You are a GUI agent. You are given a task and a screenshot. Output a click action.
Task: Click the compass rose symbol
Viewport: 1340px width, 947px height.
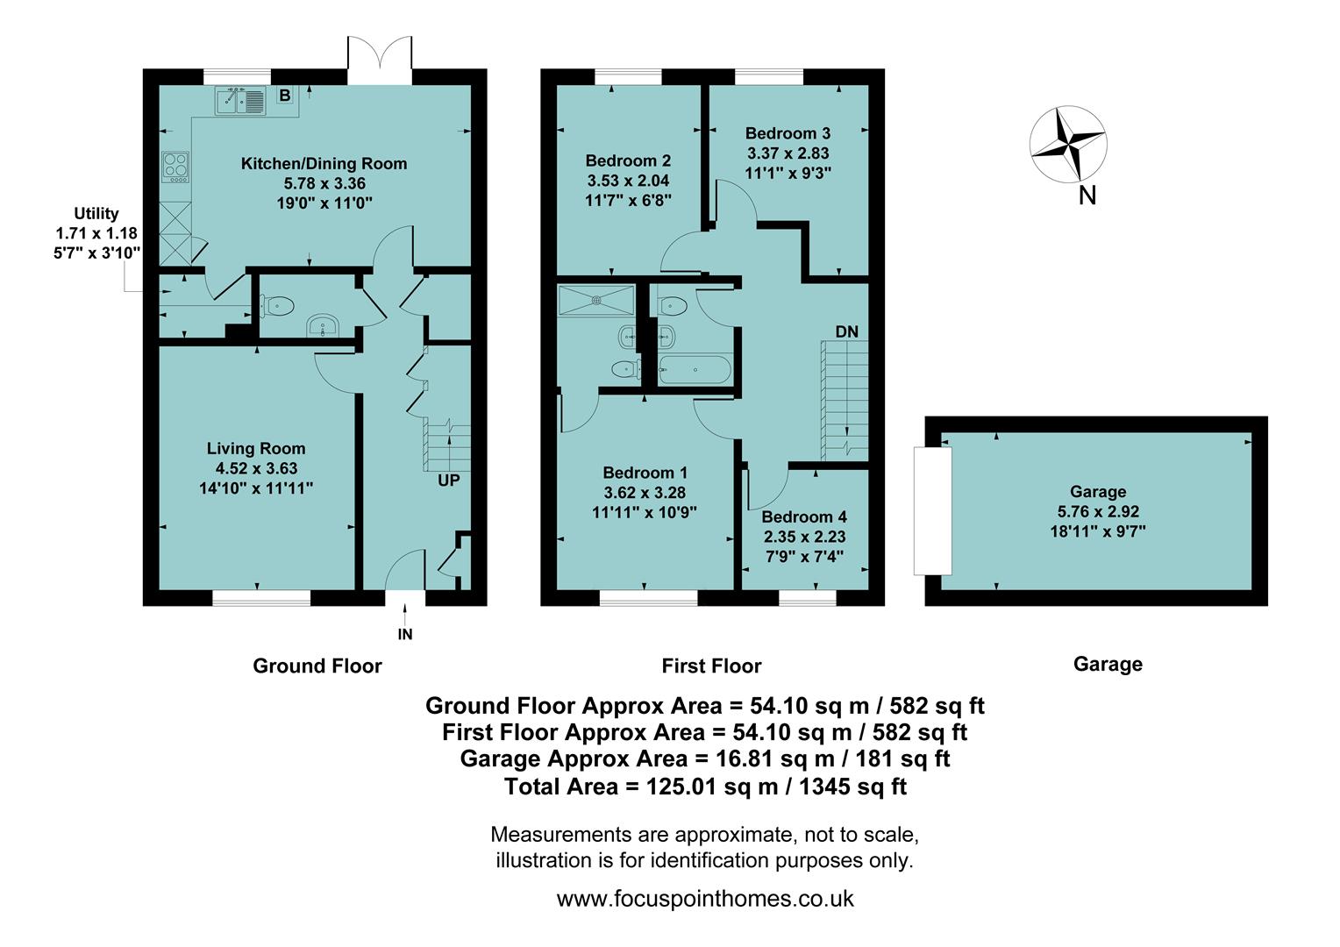1067,144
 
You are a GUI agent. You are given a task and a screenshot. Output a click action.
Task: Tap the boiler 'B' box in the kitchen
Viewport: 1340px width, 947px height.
284,95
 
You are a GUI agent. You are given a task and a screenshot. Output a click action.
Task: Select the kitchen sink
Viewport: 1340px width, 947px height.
239,102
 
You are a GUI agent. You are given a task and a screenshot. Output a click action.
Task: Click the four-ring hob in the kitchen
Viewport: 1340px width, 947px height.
175,167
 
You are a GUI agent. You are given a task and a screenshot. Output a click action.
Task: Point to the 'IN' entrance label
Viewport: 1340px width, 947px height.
404,634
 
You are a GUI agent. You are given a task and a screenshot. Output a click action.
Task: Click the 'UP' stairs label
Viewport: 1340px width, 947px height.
448,481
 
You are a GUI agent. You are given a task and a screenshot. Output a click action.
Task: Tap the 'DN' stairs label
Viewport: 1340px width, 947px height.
846,331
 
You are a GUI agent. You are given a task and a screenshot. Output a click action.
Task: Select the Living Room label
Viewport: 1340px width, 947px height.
256,448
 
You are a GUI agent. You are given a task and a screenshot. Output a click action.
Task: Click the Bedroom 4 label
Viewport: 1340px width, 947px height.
804,517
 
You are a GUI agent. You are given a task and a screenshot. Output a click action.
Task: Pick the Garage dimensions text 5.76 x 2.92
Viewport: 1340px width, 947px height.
1098,511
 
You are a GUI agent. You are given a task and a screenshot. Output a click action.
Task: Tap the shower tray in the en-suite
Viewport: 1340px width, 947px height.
596,299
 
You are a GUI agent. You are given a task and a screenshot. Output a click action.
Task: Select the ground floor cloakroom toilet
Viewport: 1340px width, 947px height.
276,306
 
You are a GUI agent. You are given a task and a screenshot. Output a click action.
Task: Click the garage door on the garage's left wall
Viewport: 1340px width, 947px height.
932,509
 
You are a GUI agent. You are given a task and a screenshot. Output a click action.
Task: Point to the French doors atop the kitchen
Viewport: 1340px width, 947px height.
379,60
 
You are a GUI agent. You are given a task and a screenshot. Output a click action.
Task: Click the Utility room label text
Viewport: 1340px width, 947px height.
96,213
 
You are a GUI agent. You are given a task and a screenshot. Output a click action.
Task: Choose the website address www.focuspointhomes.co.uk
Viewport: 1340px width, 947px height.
705,899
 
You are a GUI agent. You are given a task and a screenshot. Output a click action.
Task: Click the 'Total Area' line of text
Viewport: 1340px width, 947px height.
705,787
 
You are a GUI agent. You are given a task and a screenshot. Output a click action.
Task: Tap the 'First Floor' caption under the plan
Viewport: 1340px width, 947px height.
711,666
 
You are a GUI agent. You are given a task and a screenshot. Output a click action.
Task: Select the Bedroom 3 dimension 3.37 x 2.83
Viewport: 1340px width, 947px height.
788,153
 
